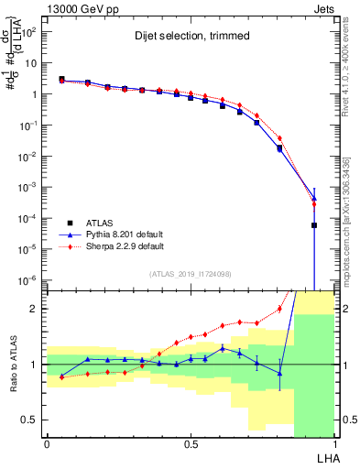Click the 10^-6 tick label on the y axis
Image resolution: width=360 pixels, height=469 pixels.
(x=27, y=279)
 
